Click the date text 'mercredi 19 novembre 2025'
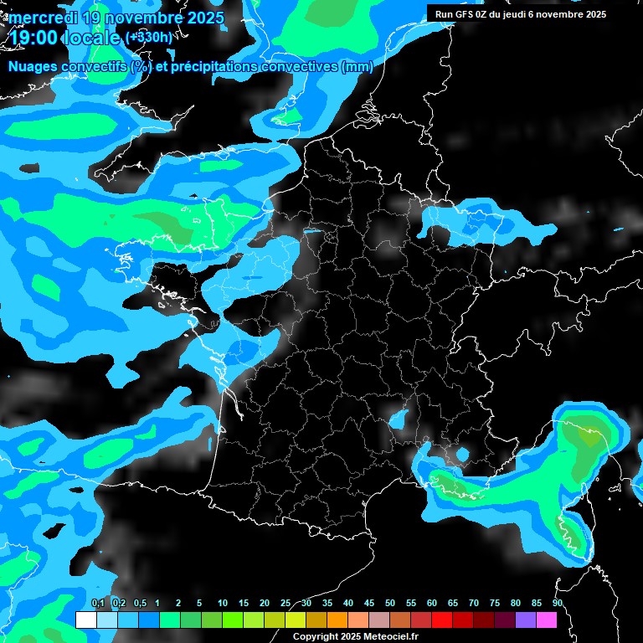(x=116, y=18)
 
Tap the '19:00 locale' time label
(x=64, y=38)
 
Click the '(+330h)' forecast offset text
(x=148, y=38)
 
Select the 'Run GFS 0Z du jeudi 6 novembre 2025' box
(x=521, y=14)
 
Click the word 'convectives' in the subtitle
(x=293, y=67)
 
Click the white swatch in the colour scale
(x=85, y=620)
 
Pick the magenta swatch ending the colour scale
(x=546, y=620)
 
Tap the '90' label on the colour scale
(x=557, y=603)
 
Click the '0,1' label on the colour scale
(x=97, y=603)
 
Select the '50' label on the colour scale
(x=389, y=603)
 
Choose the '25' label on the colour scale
(x=285, y=603)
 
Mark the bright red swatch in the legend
(x=441, y=620)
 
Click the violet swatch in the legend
(x=525, y=620)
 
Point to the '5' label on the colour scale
(x=199, y=603)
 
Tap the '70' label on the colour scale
(x=473, y=603)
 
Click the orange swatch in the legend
(x=337, y=620)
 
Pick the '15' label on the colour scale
(x=244, y=603)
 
